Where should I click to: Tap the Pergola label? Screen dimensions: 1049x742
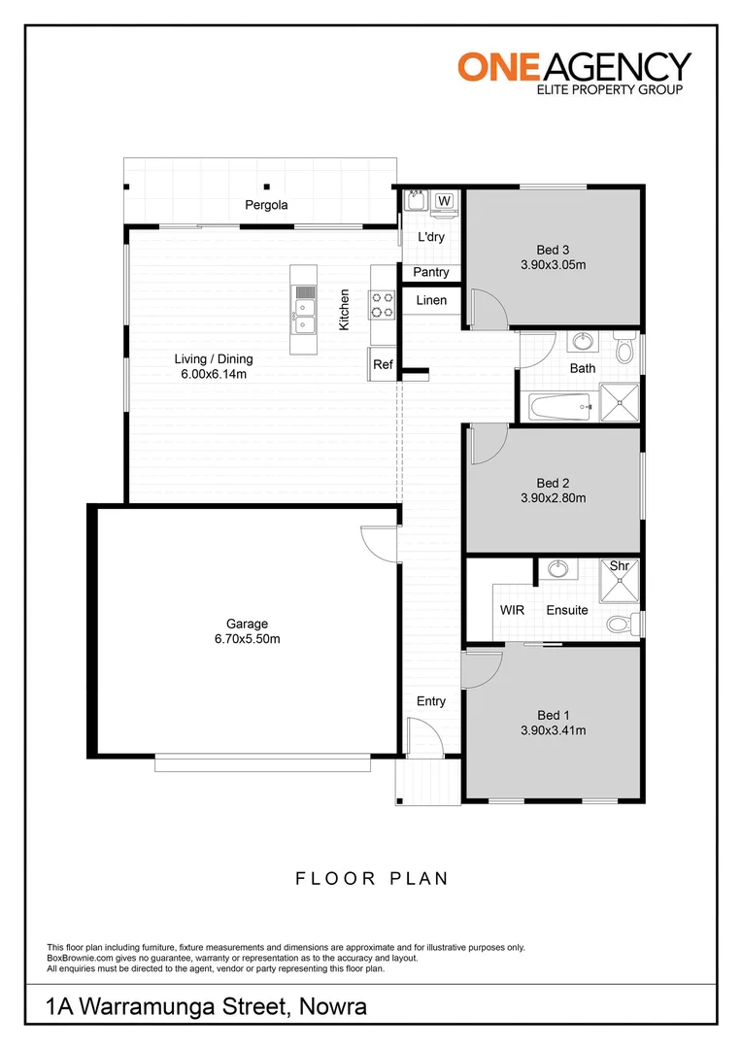(265, 205)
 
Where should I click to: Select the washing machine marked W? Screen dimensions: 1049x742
(444, 201)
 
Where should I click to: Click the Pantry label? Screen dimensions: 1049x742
(430, 273)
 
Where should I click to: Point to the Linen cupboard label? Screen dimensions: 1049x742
(431, 301)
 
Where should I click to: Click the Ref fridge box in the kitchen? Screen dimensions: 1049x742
(383, 364)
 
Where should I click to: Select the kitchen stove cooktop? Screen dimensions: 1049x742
(382, 305)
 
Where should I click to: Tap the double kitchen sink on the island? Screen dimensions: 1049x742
(304, 312)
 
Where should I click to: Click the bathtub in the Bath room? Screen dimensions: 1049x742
(557, 407)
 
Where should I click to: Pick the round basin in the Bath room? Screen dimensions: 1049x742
(582, 342)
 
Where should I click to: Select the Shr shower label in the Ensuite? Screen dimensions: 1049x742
(620, 565)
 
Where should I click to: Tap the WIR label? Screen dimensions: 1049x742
(513, 611)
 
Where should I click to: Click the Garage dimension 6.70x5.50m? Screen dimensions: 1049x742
(247, 639)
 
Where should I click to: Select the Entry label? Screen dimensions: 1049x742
(431, 701)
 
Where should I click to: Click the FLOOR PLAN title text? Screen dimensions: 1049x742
(372, 879)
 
